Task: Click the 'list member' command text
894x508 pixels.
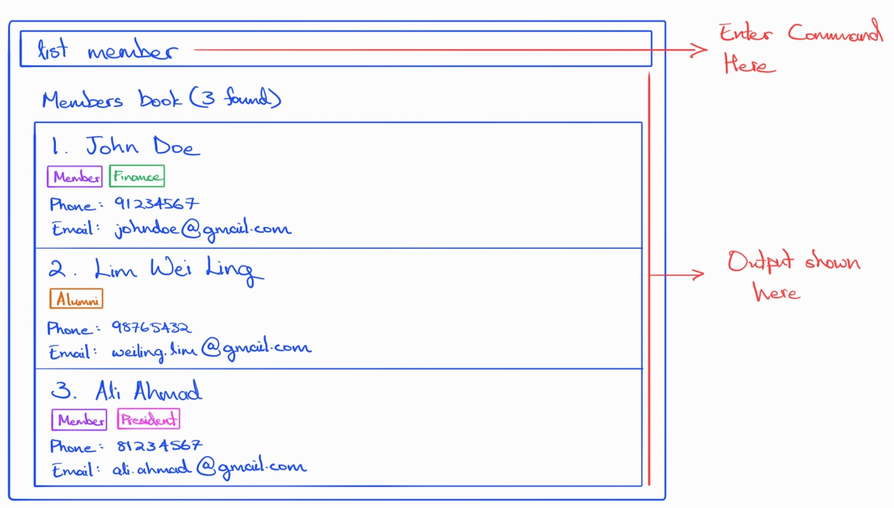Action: (x=107, y=49)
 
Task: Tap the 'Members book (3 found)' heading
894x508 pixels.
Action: (x=161, y=98)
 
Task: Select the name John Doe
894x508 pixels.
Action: (x=143, y=146)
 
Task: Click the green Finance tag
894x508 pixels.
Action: (x=137, y=176)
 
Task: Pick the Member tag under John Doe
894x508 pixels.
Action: (x=75, y=176)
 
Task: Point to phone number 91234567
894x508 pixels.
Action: (x=157, y=203)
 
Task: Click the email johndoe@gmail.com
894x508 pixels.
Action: (x=203, y=229)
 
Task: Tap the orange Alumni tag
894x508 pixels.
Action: (x=76, y=299)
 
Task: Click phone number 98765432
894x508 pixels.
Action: (x=151, y=327)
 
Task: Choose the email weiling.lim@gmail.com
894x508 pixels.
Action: (x=212, y=349)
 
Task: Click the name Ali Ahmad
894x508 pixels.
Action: (x=149, y=391)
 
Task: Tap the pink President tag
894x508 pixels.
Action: (x=149, y=419)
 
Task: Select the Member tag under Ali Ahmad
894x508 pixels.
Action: (x=79, y=419)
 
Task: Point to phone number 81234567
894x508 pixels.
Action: (x=160, y=445)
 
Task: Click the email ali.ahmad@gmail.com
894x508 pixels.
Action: (x=209, y=467)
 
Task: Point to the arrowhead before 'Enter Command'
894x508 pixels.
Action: (x=699, y=50)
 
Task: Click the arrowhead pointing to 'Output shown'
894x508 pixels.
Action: (x=697, y=275)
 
